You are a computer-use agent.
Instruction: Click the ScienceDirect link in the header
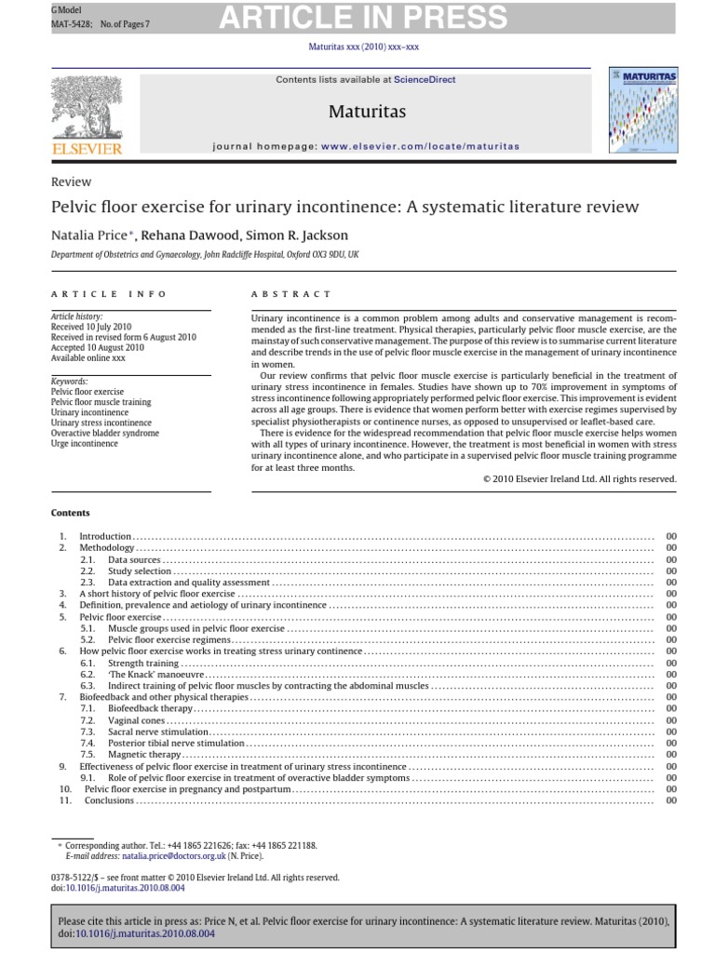click(425, 80)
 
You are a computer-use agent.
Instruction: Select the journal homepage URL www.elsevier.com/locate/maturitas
click(420, 146)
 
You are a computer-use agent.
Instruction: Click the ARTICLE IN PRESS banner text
click(363, 17)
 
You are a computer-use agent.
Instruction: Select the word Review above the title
click(71, 181)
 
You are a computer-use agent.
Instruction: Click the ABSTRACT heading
click(290, 293)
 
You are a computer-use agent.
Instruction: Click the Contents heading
click(71, 513)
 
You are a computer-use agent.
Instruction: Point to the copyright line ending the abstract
click(579, 478)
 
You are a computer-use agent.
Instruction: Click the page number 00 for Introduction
click(671, 537)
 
